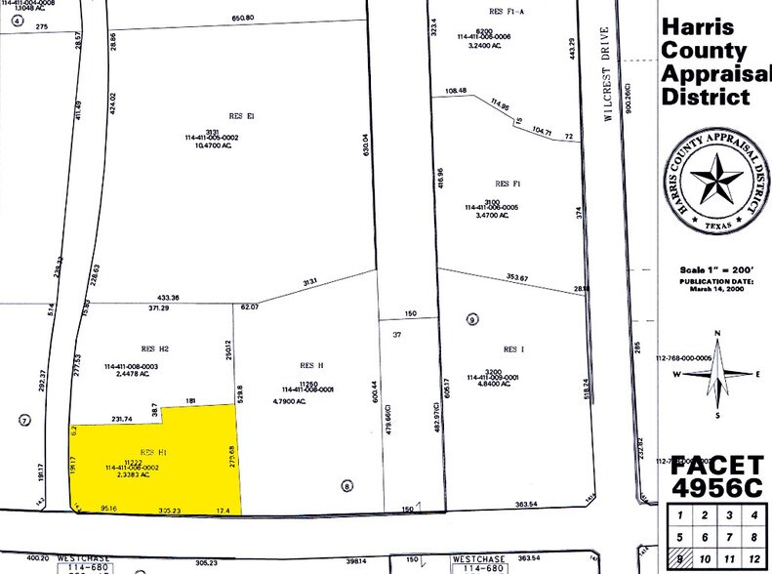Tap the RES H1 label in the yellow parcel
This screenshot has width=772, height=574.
click(154, 452)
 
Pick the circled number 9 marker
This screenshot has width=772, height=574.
click(472, 318)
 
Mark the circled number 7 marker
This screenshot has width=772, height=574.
click(24, 420)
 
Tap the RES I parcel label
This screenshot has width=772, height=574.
click(512, 348)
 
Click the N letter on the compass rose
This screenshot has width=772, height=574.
click(716, 334)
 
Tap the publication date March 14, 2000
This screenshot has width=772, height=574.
click(710, 289)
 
